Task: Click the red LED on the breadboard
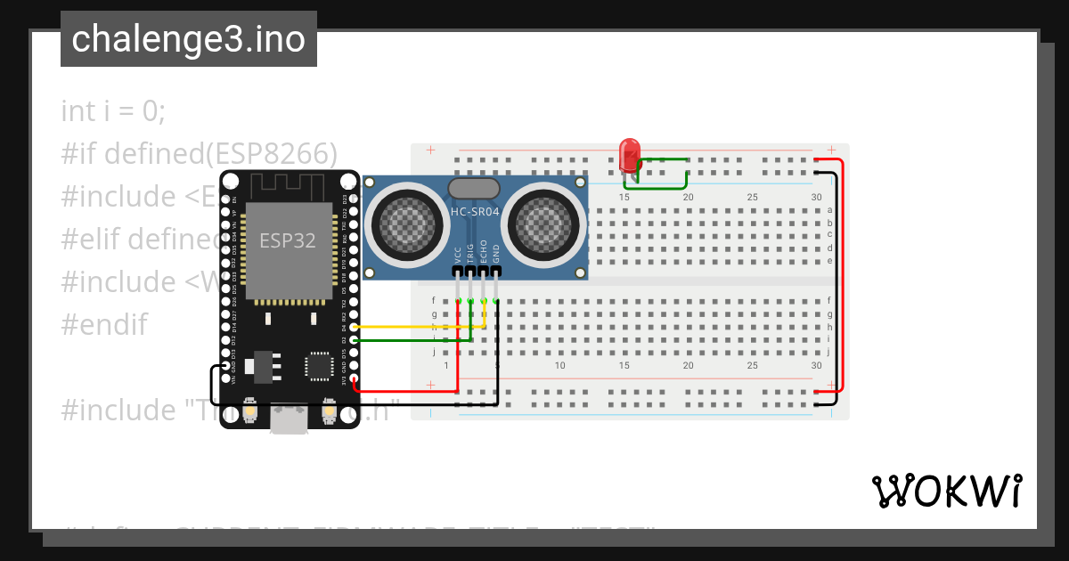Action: click(629, 154)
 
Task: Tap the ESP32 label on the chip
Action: click(287, 240)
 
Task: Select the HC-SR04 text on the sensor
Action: click(475, 211)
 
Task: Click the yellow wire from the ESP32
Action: click(419, 328)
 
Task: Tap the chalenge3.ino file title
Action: click(188, 39)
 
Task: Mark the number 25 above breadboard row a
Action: click(753, 197)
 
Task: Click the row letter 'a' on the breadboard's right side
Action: click(829, 210)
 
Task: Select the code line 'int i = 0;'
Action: click(113, 111)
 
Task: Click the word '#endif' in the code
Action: click(103, 324)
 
